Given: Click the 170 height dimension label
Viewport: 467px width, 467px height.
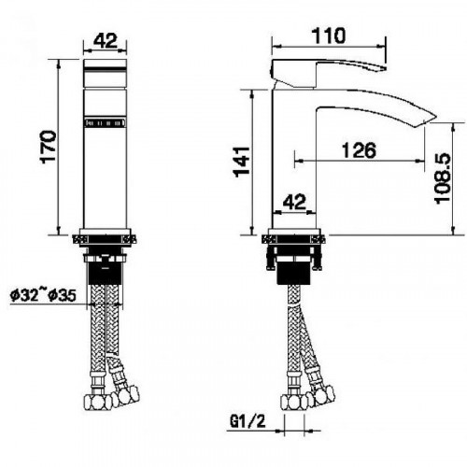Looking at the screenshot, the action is (49, 147).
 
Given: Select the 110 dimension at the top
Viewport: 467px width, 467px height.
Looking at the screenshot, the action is (329, 35).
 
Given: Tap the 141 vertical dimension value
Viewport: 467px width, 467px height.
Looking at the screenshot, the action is (242, 162).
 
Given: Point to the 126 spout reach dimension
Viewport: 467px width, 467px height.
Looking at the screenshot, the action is (359, 150).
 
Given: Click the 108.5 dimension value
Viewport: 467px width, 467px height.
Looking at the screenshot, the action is (443, 177).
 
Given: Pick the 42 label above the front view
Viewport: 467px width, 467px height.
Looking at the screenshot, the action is (106, 40).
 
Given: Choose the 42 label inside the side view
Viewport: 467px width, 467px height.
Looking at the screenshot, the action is (294, 202).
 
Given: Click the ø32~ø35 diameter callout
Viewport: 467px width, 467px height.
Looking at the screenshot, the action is (43, 295).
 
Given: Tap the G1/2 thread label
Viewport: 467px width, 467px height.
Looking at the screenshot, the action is (248, 421).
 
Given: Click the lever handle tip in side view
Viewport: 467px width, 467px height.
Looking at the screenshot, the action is (384, 68).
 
